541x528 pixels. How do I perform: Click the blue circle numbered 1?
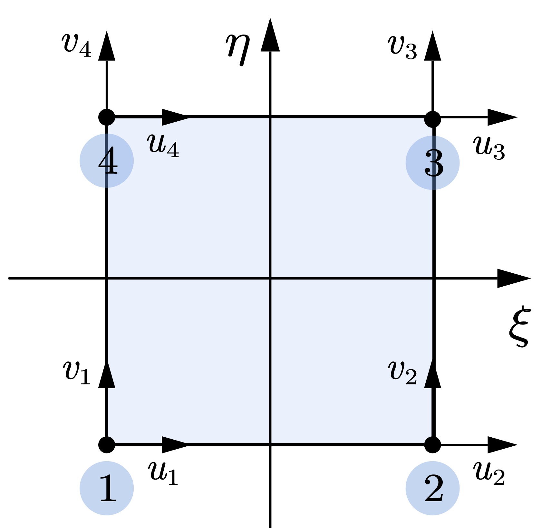tap(107, 488)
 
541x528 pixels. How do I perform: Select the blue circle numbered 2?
tap(432, 488)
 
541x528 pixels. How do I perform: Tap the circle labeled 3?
tap(432, 163)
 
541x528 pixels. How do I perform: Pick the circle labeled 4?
tap(107, 160)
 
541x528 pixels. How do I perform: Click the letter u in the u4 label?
tap(156, 143)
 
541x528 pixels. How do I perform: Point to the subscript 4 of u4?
tap(173, 150)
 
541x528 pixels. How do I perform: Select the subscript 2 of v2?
tap(411, 378)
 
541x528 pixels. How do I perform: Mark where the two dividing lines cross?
tap(270, 278)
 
